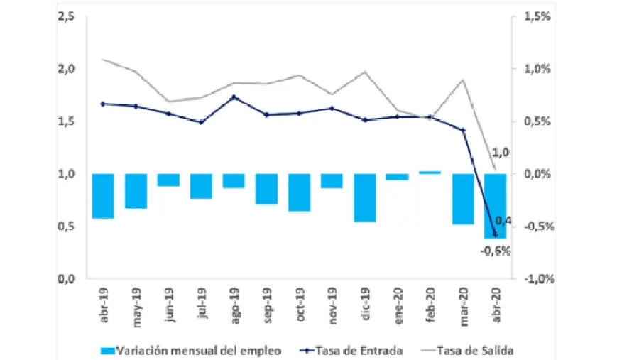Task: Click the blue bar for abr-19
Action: (103, 195)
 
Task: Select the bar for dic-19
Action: (364, 197)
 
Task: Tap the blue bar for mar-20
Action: (462, 199)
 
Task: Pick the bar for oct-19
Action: (299, 192)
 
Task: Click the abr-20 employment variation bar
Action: (495, 206)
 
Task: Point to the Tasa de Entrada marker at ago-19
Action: (234, 97)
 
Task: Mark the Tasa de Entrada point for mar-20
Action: (462, 130)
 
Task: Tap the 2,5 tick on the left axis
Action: (67, 16)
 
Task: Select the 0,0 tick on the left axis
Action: (67, 279)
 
